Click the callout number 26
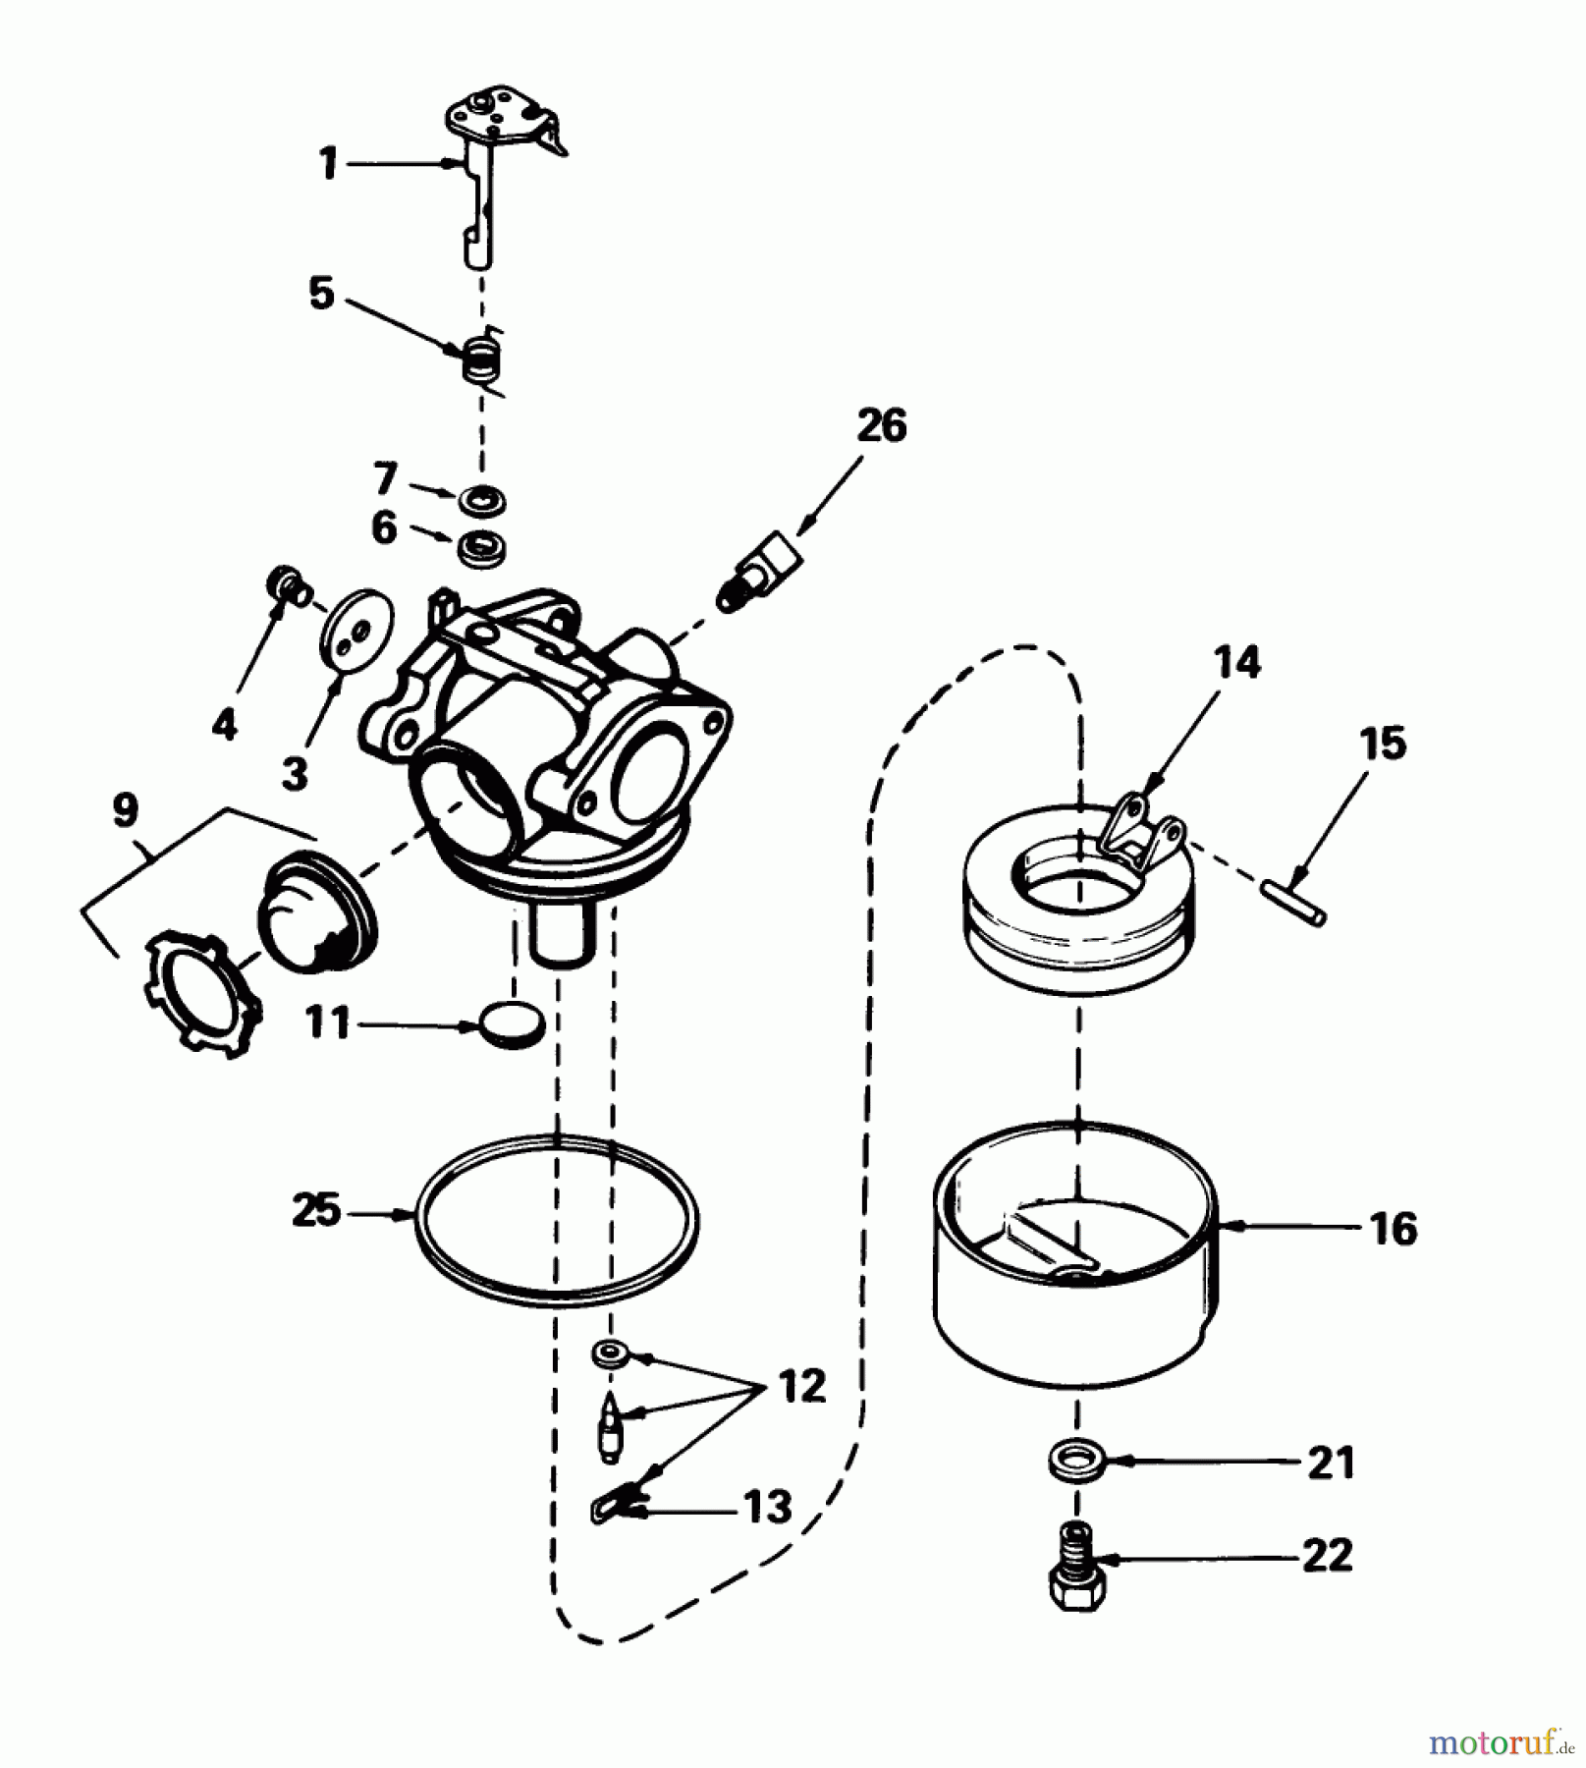[881, 426]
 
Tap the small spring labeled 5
[480, 360]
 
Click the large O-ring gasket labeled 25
[557, 1221]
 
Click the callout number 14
[1236, 663]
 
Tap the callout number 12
[802, 1387]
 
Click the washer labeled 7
[484, 501]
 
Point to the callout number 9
[126, 811]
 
